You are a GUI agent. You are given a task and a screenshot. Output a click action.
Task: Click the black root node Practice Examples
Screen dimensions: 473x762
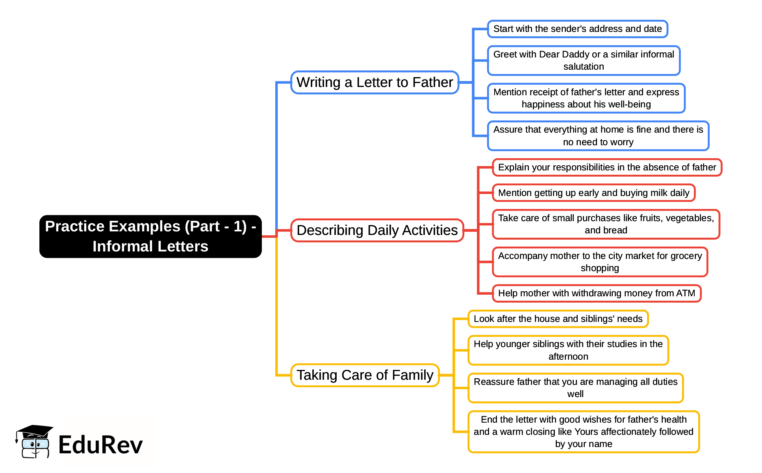[150, 236]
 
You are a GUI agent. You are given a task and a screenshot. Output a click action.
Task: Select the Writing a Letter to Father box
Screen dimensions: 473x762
[375, 82]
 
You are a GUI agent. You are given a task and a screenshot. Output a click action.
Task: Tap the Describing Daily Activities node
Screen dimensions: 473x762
[377, 230]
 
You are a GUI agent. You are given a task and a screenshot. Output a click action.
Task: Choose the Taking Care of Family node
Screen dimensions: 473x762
[365, 375]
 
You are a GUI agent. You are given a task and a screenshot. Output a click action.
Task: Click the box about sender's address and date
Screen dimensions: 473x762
[577, 29]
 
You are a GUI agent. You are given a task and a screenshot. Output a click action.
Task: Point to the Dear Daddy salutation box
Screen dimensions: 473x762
[583, 61]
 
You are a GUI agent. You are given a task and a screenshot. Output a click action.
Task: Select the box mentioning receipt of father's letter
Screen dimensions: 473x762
[586, 98]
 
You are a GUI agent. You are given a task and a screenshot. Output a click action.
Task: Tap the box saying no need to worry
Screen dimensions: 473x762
[598, 136]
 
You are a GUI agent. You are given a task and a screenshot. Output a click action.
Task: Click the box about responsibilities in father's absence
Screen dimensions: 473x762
[606, 168]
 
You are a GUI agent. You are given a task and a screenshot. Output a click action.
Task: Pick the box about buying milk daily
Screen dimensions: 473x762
[593, 193]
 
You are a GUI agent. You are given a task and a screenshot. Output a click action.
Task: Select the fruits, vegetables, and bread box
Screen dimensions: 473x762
[606, 224]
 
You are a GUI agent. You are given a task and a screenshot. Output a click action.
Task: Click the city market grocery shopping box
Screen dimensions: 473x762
[599, 262]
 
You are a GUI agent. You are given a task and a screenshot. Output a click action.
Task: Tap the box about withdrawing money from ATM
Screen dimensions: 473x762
[596, 294]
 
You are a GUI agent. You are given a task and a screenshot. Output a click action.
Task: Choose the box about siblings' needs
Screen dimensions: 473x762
[558, 319]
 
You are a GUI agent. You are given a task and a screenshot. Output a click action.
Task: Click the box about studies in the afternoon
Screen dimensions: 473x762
[568, 350]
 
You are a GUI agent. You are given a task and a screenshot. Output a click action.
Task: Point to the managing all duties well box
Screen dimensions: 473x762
[575, 388]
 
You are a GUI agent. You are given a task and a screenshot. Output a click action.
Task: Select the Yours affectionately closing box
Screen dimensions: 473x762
[583, 432]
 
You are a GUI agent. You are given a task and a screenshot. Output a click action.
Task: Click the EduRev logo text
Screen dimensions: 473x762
[100, 445]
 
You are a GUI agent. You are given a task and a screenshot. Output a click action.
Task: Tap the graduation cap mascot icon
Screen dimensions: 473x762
[34, 442]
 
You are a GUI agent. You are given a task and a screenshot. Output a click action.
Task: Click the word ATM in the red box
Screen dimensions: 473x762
[686, 294]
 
